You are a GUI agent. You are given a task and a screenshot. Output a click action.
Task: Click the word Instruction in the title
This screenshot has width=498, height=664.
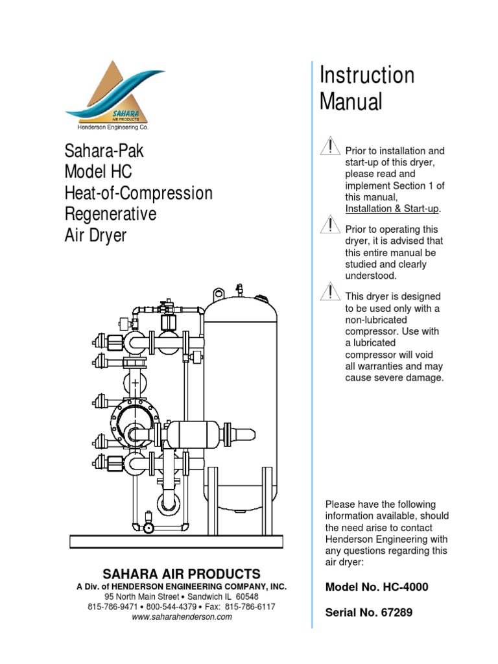pos(367,75)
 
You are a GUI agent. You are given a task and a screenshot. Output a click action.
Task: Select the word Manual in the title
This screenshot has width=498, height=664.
pos(351,102)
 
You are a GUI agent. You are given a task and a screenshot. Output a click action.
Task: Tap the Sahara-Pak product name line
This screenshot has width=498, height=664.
pos(104,152)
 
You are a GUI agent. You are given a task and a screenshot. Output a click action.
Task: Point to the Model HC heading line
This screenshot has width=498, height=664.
pos(98,172)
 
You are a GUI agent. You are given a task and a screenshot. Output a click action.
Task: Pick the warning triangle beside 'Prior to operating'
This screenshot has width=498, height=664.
pos(331,225)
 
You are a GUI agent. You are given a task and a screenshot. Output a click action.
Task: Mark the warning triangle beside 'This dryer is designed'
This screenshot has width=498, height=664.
pos(331,292)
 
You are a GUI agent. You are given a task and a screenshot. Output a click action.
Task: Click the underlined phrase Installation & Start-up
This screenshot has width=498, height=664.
pos(393,208)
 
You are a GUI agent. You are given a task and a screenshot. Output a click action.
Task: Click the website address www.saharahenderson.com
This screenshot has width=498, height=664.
pos(182,617)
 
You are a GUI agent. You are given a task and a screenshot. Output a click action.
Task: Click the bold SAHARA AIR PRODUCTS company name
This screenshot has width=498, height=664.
pos(182,574)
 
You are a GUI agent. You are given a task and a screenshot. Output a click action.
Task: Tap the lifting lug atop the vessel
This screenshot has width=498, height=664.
pos(220,293)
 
